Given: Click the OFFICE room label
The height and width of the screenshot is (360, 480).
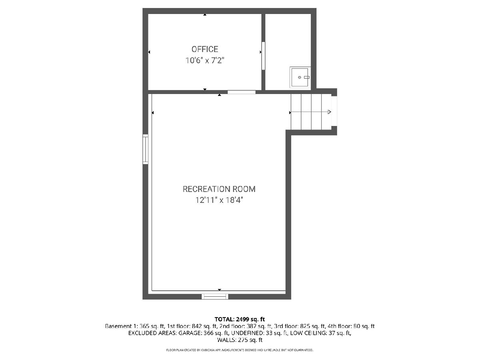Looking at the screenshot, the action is [x=205, y=49].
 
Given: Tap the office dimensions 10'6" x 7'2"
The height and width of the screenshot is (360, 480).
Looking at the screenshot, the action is [x=205, y=60].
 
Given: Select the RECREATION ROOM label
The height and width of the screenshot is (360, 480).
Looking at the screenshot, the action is [x=219, y=189].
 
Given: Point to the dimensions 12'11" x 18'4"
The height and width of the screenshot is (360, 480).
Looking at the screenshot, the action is [x=219, y=200].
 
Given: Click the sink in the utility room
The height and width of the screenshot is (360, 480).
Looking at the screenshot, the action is [x=300, y=77].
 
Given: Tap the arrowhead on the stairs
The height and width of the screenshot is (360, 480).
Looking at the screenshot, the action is [x=329, y=112].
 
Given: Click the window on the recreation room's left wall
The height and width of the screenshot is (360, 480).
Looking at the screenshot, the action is [x=146, y=149].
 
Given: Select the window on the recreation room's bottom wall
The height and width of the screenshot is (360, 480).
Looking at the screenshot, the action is [x=215, y=296].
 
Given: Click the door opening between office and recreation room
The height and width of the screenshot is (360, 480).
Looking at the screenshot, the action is [x=242, y=92].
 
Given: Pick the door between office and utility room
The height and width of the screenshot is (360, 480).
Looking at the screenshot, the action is [x=263, y=56].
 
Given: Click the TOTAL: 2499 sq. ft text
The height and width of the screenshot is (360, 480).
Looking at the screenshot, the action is [x=240, y=319].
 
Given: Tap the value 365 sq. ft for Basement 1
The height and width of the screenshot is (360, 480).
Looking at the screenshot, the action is [x=152, y=326].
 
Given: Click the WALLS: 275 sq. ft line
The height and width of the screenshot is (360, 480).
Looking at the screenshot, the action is [x=240, y=340].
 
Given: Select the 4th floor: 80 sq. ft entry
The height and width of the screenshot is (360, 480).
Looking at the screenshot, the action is [x=351, y=326].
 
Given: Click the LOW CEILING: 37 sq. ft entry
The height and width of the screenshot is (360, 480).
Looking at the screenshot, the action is [x=320, y=333].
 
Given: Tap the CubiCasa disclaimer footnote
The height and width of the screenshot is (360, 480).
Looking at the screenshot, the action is [x=240, y=350].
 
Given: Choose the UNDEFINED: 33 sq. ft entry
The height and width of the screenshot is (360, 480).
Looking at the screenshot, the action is [x=259, y=333].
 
